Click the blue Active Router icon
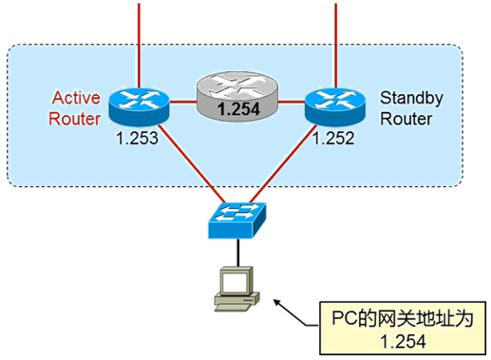point(139,105)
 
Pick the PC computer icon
point(236,289)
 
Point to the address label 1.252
point(336,139)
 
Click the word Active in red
point(77,98)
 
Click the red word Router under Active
point(77,118)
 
